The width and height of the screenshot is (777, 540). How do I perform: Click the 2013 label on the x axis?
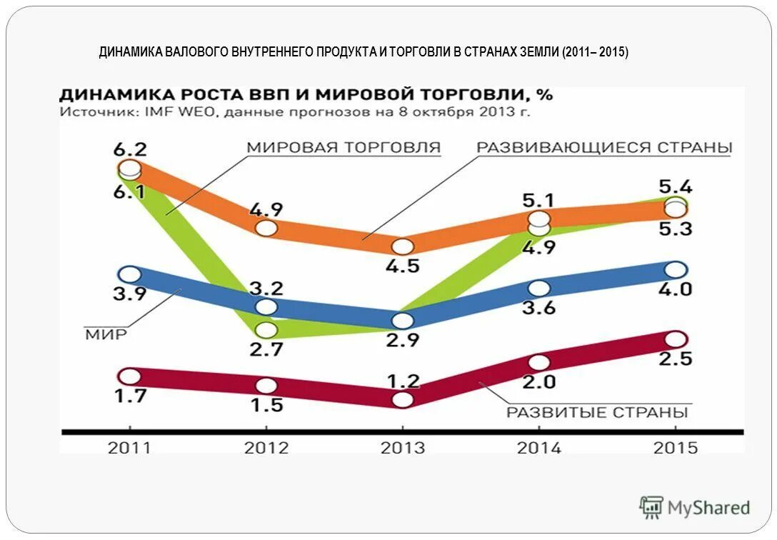point(402,448)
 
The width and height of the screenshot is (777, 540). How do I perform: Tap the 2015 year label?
point(676,448)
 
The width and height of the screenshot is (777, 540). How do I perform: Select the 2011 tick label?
point(129,448)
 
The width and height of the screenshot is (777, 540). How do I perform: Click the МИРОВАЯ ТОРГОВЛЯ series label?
point(344,148)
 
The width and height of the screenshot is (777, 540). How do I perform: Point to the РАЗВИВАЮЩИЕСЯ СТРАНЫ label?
point(604,148)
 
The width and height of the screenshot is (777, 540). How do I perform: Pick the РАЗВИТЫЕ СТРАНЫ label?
point(597,412)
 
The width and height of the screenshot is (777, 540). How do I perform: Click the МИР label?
point(106,335)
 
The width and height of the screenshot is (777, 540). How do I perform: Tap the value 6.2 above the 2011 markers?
point(129,150)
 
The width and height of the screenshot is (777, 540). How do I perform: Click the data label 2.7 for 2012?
point(266,350)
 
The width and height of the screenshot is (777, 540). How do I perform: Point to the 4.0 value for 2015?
point(676,289)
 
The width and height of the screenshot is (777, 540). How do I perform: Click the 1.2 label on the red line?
point(403,380)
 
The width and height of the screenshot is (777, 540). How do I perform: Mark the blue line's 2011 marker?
point(130,274)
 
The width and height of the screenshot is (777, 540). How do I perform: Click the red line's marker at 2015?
point(676,339)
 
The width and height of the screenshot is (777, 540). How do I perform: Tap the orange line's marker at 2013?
point(403,247)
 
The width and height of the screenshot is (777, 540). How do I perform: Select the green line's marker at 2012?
point(266,330)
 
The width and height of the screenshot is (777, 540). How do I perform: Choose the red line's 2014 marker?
point(539,362)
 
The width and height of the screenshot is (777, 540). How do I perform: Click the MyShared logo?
point(695,508)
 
